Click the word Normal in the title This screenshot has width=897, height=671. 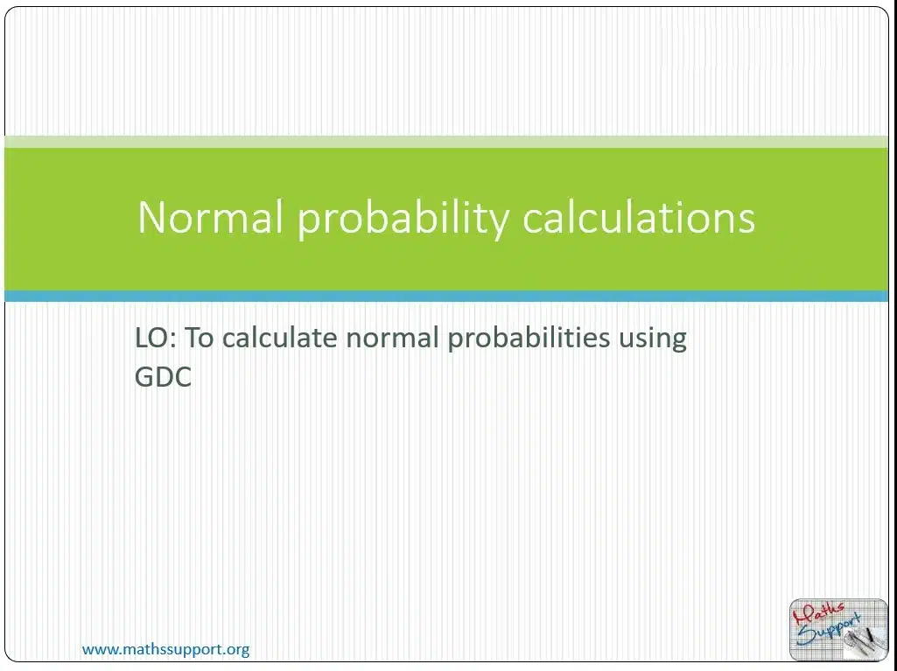pos(211,217)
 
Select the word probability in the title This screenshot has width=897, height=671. pos(403,219)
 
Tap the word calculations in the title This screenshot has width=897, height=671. pos(639,216)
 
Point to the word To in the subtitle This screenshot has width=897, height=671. pos(199,338)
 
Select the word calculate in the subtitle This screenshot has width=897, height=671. pos(279,337)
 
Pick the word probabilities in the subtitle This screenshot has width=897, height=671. pos(529,338)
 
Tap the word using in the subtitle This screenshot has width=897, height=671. pos(653,339)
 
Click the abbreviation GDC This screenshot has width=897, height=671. pos(163,377)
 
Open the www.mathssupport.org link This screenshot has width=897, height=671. pos(166,649)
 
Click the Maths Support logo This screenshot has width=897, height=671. pos(838,630)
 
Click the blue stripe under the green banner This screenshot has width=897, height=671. pos(446,296)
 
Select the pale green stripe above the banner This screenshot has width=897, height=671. pos(446,142)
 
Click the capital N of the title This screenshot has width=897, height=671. pos(153,217)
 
